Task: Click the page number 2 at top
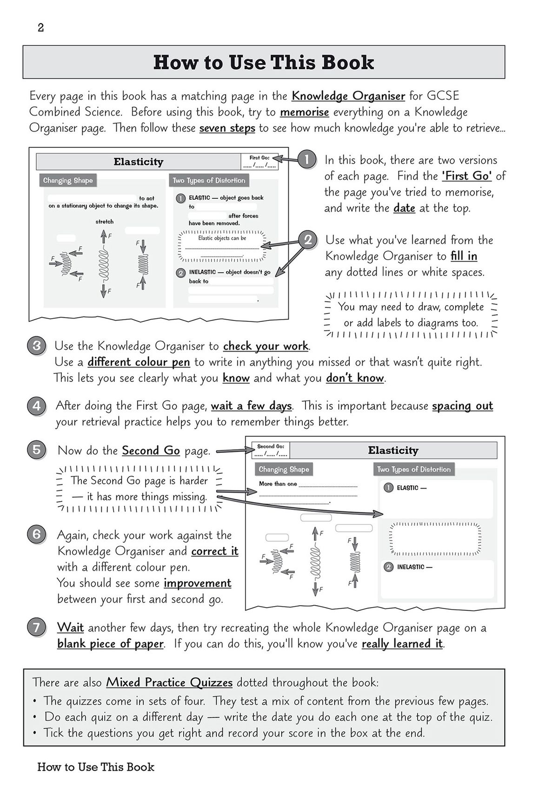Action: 41,28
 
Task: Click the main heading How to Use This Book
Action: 263,62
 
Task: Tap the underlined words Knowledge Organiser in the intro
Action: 348,96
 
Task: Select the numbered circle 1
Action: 306,160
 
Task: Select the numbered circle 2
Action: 307,240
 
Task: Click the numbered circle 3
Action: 37,346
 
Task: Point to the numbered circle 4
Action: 37,406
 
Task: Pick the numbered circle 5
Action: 37,450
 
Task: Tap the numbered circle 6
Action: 37,534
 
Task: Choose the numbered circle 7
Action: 37,628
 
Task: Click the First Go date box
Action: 259,162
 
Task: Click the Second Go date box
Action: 271,450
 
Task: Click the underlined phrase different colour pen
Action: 139,362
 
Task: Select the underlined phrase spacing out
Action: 462,406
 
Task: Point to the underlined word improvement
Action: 197,583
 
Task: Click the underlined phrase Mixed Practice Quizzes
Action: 169,682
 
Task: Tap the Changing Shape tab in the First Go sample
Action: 68,180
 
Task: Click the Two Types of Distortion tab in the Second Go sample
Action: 413,469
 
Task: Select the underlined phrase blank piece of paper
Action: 110,644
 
